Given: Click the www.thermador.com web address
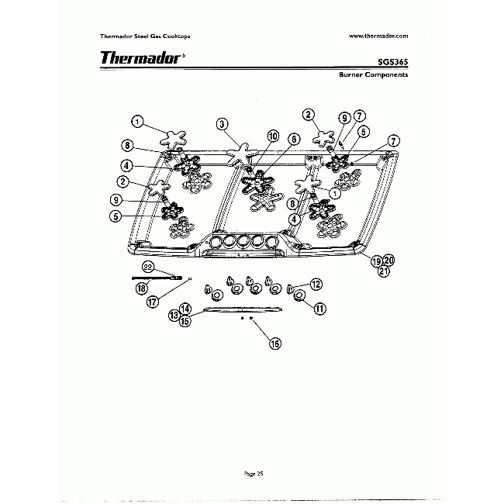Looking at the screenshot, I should coord(378,36).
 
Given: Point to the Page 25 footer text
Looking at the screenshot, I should coord(254,472).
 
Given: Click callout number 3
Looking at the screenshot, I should coord(222,123).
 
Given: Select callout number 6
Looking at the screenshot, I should coord(293,139).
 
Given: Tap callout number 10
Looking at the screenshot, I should coord(272,135).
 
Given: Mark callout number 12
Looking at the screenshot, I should coord(316,285).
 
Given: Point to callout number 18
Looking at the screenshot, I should coord(142,288).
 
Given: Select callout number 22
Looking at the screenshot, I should coord(148,267).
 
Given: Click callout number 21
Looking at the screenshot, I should coord(383,271).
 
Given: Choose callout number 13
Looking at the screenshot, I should coord(174,315).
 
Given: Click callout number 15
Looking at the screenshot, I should coord(185,322).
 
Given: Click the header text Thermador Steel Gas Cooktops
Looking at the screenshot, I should coord(146,36).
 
